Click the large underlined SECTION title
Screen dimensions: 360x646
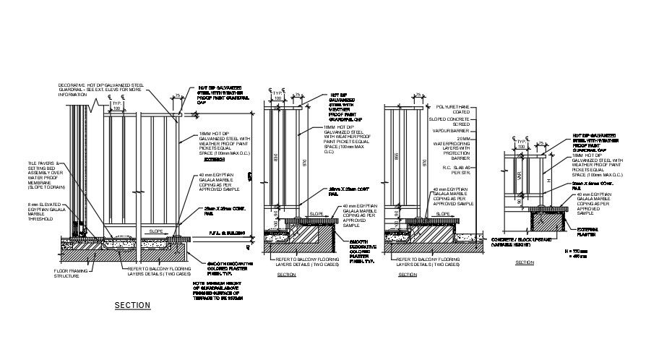[132, 306]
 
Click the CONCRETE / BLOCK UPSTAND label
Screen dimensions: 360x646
[526, 241]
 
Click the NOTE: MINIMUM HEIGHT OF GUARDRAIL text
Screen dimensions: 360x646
[223, 291]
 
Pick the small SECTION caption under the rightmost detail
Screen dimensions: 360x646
[524, 262]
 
